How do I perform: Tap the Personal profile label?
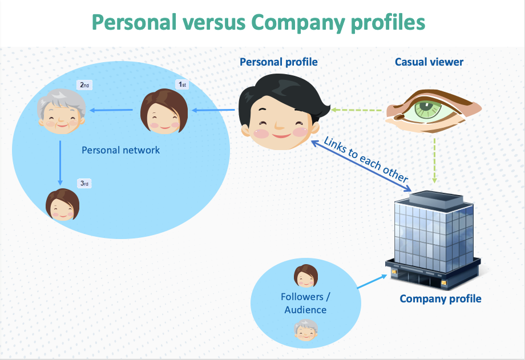pos(278,62)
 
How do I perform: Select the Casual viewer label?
pos(429,62)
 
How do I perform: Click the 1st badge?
pos(182,84)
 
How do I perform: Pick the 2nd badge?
pos(84,85)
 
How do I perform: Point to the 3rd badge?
pos(84,183)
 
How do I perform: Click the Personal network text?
pos(120,150)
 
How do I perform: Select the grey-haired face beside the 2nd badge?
pos(61,111)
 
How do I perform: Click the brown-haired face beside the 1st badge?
pos(164,111)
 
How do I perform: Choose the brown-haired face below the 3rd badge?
pos(63,205)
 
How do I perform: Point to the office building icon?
pos(433,240)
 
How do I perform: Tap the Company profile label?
pos(441,299)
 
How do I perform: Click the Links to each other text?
pos(366,159)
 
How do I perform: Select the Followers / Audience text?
pos(305,303)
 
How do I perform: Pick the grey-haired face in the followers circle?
pos(306,330)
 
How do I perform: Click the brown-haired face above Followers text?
pos(306,276)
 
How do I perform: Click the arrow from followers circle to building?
pos(372,281)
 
